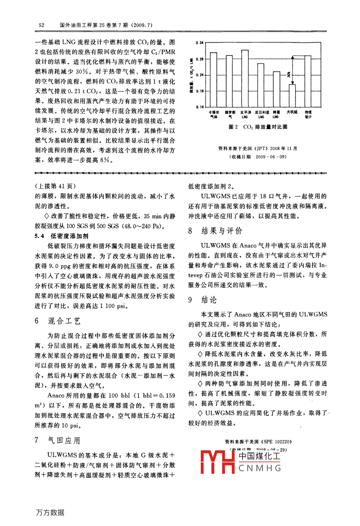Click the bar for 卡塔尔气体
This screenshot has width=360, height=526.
click(213, 80)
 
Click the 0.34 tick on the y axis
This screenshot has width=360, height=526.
click(200, 43)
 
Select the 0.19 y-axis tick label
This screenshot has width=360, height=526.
click(200, 91)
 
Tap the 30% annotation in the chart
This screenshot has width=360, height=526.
click(289, 75)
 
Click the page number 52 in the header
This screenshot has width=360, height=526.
click(41, 25)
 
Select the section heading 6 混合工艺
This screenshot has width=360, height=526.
click(58, 321)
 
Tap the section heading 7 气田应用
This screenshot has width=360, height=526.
click(58, 440)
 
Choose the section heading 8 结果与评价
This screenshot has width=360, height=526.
click(215, 231)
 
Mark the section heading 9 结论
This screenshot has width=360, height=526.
click(203, 300)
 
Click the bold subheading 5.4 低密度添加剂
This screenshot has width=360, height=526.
click(61, 236)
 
